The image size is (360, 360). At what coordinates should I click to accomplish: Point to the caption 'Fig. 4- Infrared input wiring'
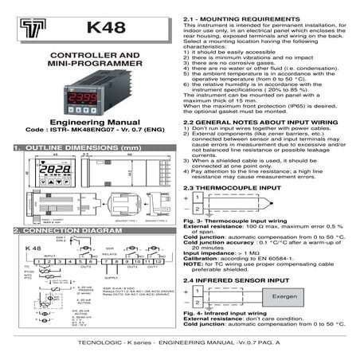tap(225, 315)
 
